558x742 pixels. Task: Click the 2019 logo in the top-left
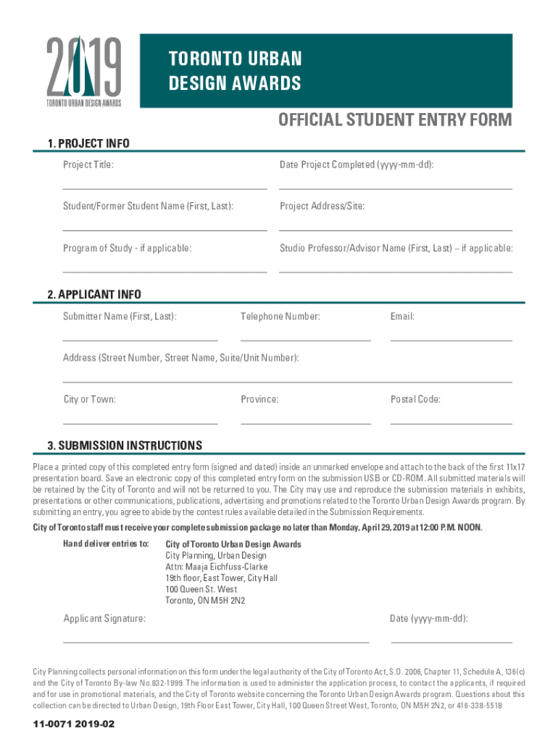point(84,70)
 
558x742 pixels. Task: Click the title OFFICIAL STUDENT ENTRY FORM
point(396,120)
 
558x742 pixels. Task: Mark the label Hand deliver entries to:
point(106,544)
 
